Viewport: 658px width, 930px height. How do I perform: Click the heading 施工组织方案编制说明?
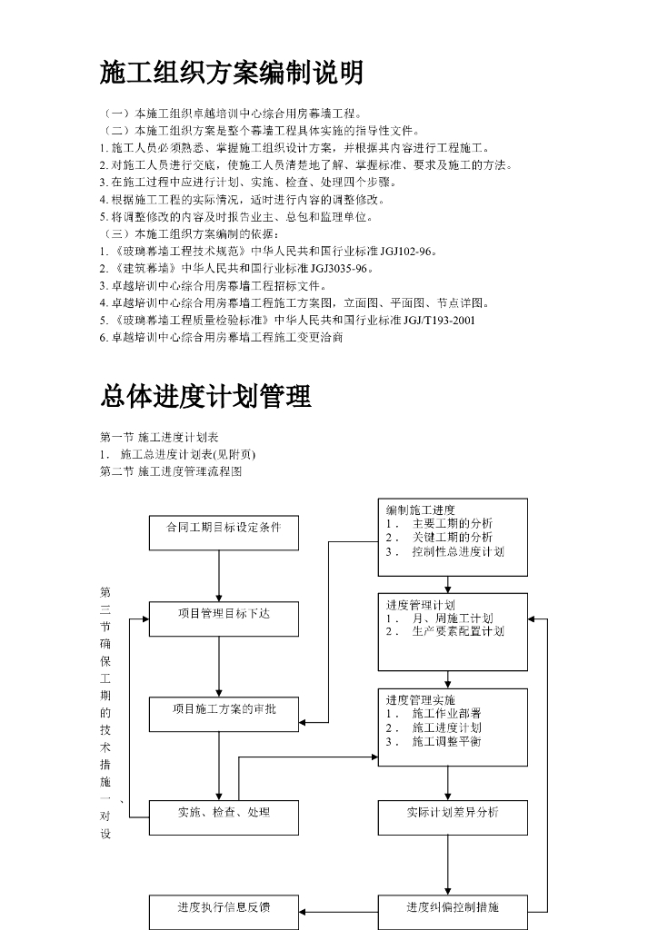point(231,73)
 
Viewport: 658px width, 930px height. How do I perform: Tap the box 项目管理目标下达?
point(224,614)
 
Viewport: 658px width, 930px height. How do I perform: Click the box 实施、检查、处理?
point(224,812)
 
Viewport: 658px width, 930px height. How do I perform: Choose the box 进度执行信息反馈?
point(224,907)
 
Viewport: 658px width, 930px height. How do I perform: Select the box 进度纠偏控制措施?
point(453,907)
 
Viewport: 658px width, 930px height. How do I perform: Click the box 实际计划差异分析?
point(453,812)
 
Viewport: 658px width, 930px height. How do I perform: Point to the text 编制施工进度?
point(421,510)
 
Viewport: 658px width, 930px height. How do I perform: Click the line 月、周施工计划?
point(452,618)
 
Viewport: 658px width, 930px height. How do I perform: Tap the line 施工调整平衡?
point(446,741)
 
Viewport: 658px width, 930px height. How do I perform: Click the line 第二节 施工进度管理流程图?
point(172,471)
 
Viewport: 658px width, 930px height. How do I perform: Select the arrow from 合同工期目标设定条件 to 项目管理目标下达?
point(219,576)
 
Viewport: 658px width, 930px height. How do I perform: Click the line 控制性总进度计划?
point(457,551)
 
